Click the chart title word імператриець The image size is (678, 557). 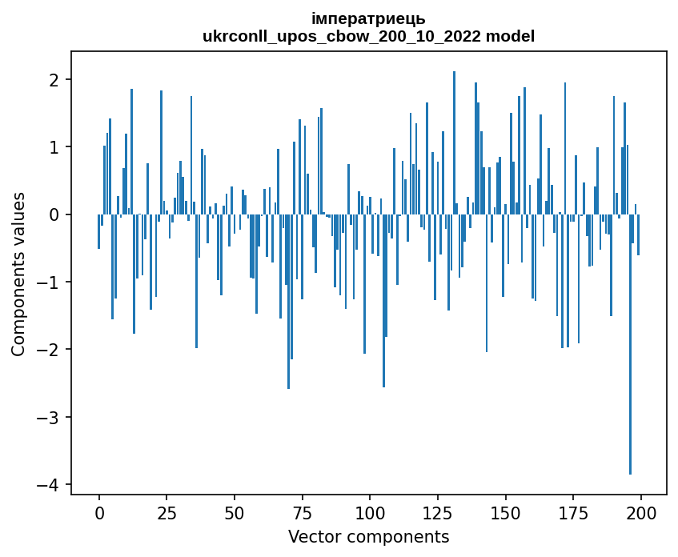point(368,18)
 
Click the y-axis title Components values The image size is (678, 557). point(18,274)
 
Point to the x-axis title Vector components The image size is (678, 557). point(368,536)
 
